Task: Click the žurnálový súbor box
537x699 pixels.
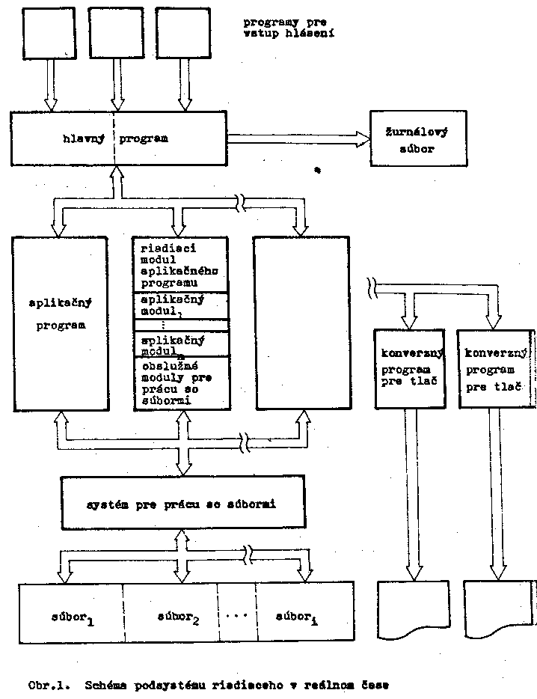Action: (x=417, y=138)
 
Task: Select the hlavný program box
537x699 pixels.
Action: (x=118, y=138)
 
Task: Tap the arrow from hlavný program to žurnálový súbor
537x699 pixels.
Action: (x=298, y=138)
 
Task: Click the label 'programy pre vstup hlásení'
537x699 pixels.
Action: (x=288, y=28)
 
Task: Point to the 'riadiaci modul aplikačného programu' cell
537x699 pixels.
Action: (x=180, y=265)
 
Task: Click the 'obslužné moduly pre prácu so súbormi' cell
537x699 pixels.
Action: (x=180, y=384)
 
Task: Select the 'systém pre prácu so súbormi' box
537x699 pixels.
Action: (x=182, y=502)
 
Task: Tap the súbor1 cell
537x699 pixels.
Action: (x=71, y=613)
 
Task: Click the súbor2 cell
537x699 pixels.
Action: (x=170, y=613)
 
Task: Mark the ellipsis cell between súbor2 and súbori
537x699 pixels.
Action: (x=236, y=613)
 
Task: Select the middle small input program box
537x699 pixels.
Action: (x=115, y=33)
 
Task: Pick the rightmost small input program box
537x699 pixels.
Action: (x=182, y=33)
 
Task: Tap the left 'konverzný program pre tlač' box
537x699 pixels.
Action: (x=409, y=368)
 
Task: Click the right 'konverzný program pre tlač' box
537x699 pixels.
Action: (x=494, y=368)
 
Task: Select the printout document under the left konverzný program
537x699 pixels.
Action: (x=410, y=609)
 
